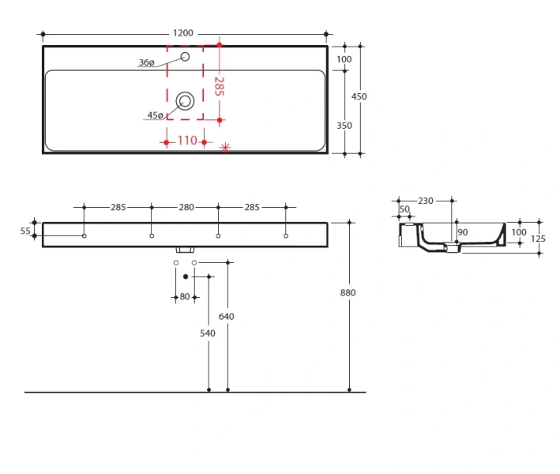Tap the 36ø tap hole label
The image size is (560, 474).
click(x=146, y=62)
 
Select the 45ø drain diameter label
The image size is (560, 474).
click(x=155, y=115)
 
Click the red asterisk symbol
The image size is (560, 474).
click(x=225, y=147)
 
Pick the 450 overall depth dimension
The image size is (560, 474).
click(x=359, y=96)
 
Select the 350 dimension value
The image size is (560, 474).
click(x=344, y=126)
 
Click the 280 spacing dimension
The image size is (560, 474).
click(x=186, y=208)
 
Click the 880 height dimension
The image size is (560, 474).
click(x=348, y=293)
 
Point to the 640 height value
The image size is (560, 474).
click(x=227, y=317)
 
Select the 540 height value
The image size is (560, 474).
click(x=208, y=333)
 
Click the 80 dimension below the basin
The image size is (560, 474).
click(x=185, y=297)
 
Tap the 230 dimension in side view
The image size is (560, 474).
click(x=425, y=201)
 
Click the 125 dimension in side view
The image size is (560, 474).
click(x=540, y=239)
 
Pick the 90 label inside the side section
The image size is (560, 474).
click(x=463, y=231)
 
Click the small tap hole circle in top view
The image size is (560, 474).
click(x=186, y=57)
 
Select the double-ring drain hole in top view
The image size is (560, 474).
click(x=186, y=100)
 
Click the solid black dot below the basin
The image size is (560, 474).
click(x=186, y=276)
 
